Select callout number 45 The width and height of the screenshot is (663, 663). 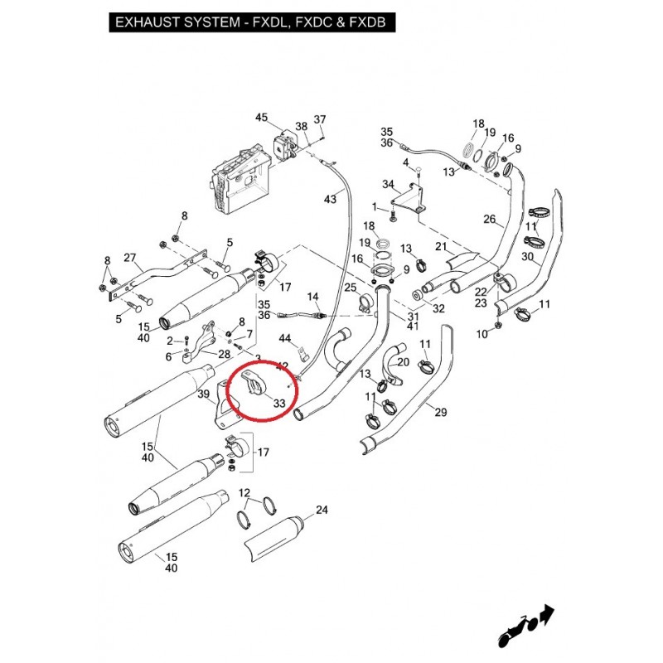[x=262, y=118]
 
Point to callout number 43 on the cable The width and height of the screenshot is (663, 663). [x=331, y=200]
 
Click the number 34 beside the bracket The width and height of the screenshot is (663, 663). [x=388, y=184]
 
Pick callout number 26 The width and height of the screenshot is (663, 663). [x=489, y=220]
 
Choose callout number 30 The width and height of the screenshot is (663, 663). [x=528, y=257]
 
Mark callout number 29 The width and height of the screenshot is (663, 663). [x=440, y=412]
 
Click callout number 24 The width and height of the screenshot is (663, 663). [x=322, y=510]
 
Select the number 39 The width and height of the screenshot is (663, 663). [x=204, y=394]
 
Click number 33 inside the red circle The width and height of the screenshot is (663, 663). [x=278, y=404]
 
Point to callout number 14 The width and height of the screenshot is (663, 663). [x=312, y=297]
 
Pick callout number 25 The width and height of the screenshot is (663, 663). [x=351, y=288]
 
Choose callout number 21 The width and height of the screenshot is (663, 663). [x=441, y=247]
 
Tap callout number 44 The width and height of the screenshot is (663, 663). [x=285, y=338]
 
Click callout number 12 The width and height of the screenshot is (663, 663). [x=244, y=493]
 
